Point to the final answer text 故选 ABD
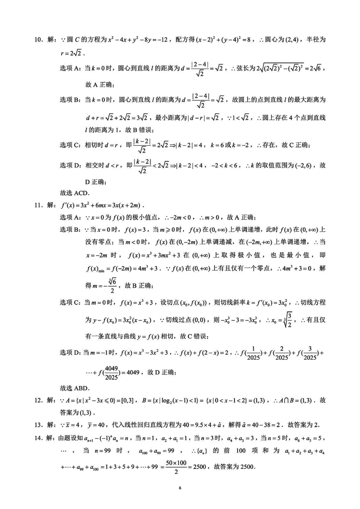coord(75,388)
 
